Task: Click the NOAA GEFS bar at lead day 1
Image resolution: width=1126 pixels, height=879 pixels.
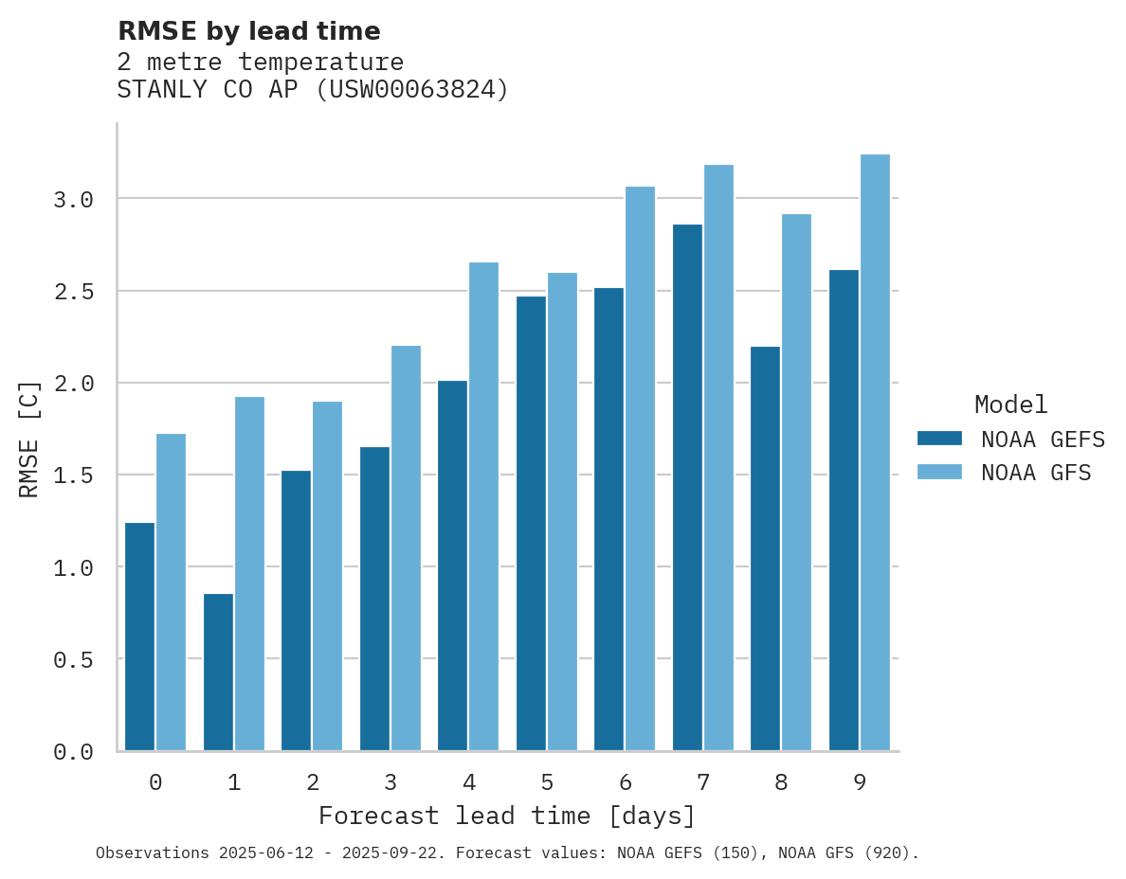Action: (218, 672)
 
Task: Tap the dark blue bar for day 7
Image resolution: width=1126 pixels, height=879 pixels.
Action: (687, 487)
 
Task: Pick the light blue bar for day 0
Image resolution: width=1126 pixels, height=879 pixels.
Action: (171, 591)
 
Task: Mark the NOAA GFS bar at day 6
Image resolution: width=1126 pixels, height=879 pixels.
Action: (640, 468)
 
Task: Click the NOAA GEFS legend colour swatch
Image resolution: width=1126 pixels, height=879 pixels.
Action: (939, 439)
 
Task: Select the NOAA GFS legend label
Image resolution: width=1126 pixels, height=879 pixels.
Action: (1036, 473)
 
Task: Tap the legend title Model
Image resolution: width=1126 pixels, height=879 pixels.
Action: (1010, 404)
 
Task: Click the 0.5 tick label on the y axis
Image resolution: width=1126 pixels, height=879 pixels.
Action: (73, 659)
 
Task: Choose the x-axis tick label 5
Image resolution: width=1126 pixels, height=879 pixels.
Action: (547, 782)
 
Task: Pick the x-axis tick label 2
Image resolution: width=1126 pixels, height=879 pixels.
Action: (312, 782)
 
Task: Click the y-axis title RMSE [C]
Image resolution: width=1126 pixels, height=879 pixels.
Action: (29, 439)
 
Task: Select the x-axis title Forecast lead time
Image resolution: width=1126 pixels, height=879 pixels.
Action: (507, 816)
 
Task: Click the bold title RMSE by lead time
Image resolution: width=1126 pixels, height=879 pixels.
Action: (248, 31)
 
